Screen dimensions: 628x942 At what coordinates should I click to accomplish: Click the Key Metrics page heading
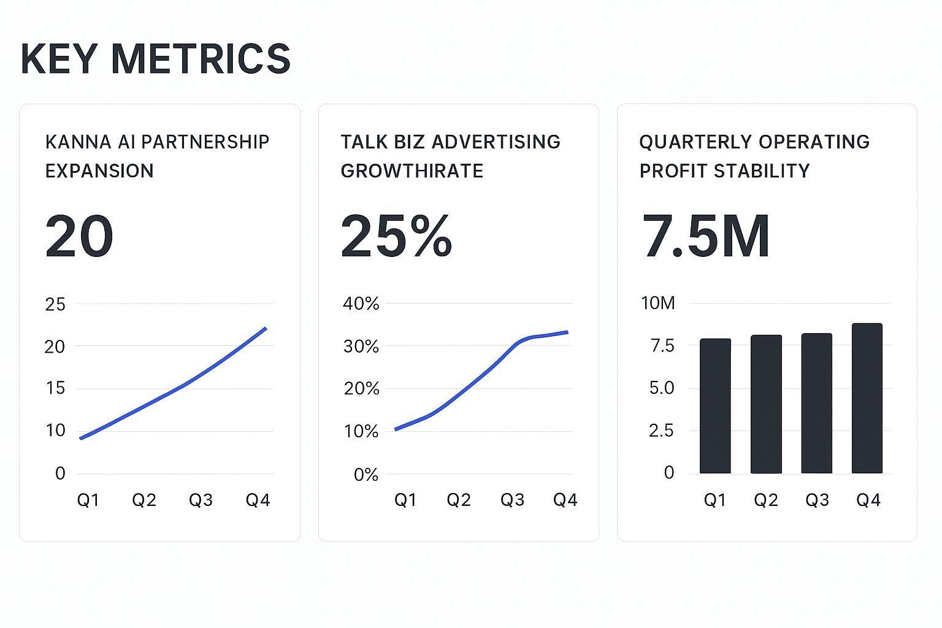point(155,59)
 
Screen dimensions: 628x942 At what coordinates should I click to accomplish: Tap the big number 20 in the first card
point(79,237)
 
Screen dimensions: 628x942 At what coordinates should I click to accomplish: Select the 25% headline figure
point(396,237)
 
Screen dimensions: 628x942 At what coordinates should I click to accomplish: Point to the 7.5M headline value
point(705,237)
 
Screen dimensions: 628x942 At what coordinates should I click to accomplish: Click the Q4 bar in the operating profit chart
point(867,399)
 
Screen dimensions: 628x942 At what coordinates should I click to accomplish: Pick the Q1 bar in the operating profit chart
point(715,406)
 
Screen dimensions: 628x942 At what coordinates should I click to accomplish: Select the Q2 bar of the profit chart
point(766,404)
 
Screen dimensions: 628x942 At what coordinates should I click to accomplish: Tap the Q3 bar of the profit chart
point(816,404)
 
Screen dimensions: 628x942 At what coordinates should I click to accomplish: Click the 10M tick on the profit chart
point(657,303)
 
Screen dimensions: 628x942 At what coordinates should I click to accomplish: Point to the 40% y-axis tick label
point(361,304)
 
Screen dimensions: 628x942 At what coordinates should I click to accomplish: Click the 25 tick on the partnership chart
point(55,304)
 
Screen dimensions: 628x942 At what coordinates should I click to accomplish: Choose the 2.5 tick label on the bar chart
point(661,431)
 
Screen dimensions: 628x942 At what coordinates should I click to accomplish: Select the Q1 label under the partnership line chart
point(88,500)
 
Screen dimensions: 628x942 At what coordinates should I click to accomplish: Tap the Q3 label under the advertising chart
point(512,500)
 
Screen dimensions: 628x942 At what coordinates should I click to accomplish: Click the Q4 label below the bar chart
point(868,500)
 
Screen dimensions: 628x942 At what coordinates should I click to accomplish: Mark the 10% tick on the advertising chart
point(361,432)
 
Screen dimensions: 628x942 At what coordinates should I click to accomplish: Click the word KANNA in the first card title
point(69,142)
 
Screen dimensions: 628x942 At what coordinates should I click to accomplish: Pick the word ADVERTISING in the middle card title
point(496,142)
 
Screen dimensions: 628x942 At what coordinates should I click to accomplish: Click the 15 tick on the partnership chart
point(55,388)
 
